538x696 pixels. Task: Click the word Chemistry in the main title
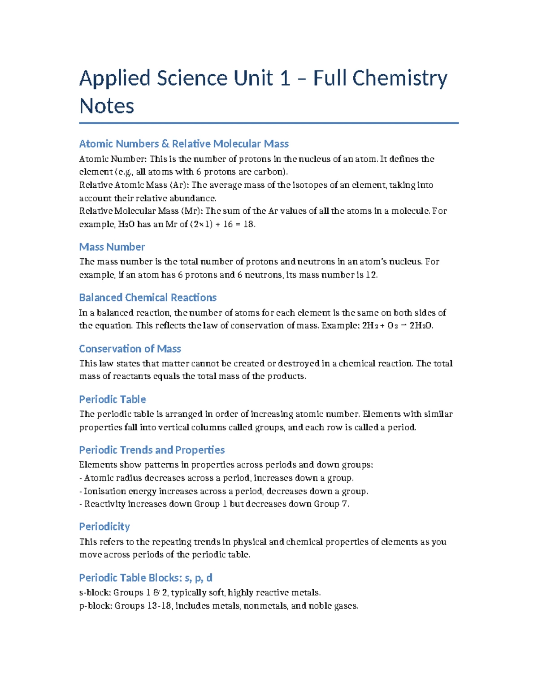click(x=399, y=78)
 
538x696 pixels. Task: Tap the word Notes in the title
click(x=107, y=106)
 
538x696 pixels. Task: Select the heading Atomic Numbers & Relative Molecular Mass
click(x=184, y=144)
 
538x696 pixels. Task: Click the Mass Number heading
click(x=112, y=247)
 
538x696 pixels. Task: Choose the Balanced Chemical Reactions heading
click(x=148, y=298)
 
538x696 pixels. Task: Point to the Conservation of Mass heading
click(x=130, y=349)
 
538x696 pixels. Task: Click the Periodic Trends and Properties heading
click(x=152, y=450)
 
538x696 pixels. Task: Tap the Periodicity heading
click(x=104, y=527)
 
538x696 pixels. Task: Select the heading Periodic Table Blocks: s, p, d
click(x=146, y=578)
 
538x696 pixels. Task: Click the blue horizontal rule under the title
click(x=269, y=123)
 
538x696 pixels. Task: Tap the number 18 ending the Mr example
click(x=248, y=225)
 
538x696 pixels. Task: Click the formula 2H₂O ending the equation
click(x=421, y=326)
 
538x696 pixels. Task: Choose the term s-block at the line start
click(x=94, y=593)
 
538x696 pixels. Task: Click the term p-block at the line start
click(x=95, y=606)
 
